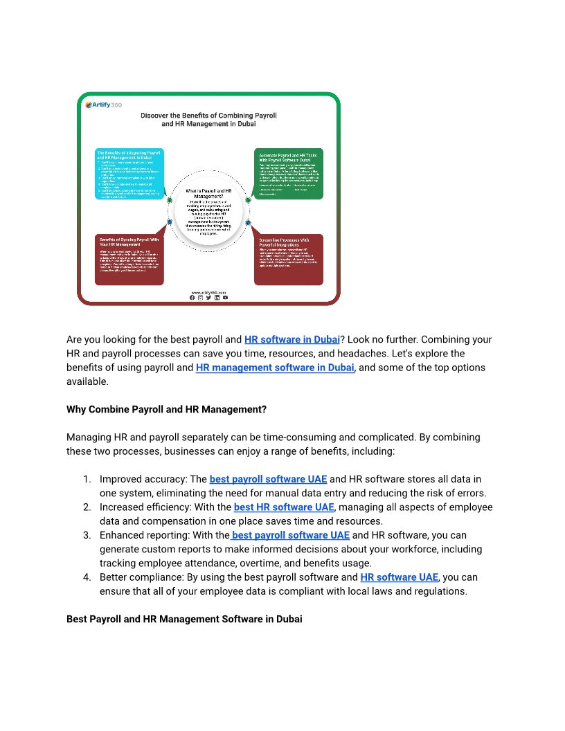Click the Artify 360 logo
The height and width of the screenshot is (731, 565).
click(102, 105)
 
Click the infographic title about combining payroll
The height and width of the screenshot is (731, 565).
click(208, 119)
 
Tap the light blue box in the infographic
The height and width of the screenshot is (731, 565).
click(129, 173)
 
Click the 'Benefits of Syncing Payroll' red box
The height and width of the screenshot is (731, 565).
click(129, 259)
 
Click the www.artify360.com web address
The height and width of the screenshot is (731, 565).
click(208, 292)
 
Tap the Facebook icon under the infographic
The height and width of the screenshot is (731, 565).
click(192, 298)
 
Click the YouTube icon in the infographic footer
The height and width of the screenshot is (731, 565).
click(225, 298)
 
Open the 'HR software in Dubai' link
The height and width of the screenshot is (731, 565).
click(292, 339)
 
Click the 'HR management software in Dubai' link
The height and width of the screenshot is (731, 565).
click(275, 367)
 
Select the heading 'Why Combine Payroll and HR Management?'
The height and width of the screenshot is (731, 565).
click(166, 409)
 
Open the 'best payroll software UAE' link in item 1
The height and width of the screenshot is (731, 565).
click(268, 479)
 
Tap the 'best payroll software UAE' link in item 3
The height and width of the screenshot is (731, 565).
click(291, 535)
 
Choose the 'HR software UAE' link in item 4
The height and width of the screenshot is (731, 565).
click(399, 577)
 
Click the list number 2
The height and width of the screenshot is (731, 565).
click(87, 507)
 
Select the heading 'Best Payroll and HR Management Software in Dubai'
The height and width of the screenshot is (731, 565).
click(184, 619)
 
